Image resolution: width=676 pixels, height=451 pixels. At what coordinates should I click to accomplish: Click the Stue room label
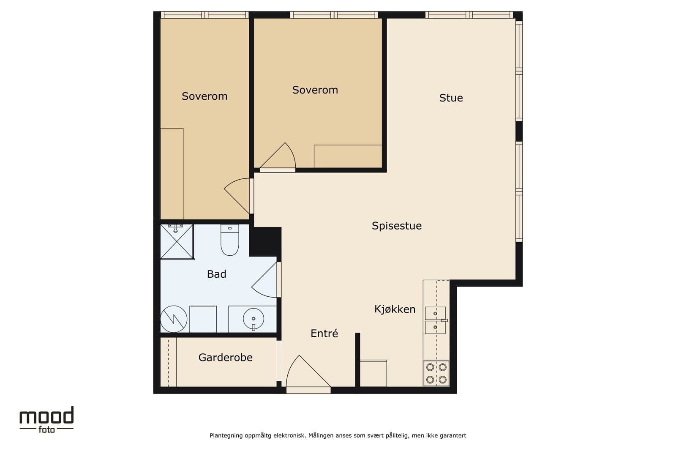point(451,98)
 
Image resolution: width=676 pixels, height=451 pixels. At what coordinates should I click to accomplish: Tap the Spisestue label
point(397,226)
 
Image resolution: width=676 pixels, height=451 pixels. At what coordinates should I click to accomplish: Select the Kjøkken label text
point(395,309)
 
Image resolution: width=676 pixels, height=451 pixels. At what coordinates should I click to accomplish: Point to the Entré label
point(324,333)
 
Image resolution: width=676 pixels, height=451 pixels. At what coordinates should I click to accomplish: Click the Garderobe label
point(226,358)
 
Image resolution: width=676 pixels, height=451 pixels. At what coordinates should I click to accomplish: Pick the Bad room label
point(216,274)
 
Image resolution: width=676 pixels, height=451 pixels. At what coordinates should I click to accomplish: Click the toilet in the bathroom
point(230,240)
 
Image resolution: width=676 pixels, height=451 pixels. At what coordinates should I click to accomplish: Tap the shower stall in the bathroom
point(177,241)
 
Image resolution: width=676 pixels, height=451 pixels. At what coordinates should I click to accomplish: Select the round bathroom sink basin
point(253,318)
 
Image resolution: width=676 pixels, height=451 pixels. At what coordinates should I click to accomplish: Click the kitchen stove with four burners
point(436,373)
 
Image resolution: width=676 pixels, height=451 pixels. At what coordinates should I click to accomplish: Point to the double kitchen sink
point(436,320)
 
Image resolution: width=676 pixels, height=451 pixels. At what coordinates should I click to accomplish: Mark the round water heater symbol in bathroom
point(174,319)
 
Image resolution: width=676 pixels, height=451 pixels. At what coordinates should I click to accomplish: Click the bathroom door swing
point(264,280)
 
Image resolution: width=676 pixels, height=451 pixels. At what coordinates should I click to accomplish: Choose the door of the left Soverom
point(237,196)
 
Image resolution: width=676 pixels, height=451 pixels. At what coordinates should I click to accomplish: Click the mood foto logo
point(46,420)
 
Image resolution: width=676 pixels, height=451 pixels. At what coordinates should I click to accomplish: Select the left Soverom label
point(204,96)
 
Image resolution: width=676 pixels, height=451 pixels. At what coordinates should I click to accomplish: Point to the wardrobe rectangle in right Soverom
point(348,156)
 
